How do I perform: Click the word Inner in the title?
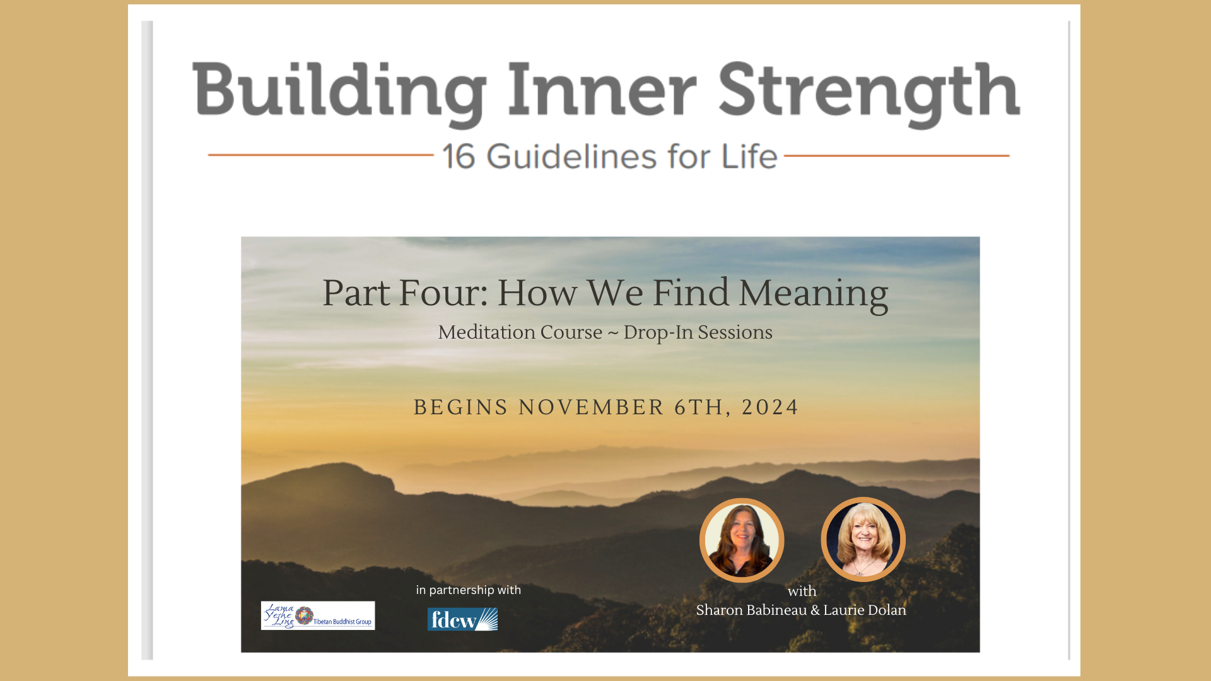click(x=602, y=90)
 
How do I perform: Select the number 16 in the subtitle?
click(x=459, y=156)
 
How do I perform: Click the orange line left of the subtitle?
click(x=320, y=154)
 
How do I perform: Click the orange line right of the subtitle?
click(x=896, y=155)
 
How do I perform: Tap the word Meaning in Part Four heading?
click(x=813, y=294)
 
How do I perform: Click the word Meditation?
click(x=520, y=332)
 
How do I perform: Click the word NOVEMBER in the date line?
click(x=591, y=407)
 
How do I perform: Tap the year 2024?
click(x=770, y=407)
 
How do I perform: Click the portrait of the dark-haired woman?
click(x=742, y=540)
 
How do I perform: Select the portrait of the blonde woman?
click(x=863, y=539)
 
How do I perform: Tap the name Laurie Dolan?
click(x=865, y=610)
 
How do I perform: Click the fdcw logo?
click(x=462, y=619)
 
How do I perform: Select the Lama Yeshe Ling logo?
click(x=318, y=615)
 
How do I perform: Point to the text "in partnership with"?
click(x=468, y=590)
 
